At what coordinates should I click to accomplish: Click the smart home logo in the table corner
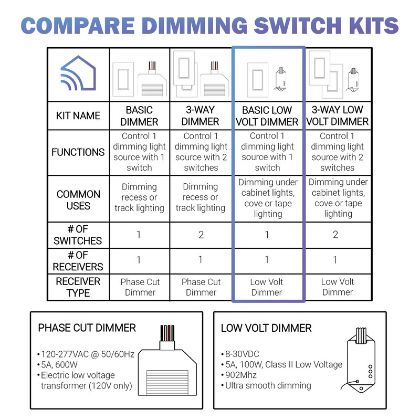(78, 75)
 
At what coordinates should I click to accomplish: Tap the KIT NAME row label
(78, 115)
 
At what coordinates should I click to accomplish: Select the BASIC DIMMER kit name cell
(139, 115)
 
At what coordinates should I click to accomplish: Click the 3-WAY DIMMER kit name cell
(201, 115)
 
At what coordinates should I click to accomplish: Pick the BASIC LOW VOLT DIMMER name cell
(268, 116)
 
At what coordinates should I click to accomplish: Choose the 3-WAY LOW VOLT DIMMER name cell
(338, 116)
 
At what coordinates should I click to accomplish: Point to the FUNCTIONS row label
(78, 152)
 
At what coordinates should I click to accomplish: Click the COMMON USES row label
(78, 200)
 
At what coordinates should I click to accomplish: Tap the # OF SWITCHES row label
(78, 235)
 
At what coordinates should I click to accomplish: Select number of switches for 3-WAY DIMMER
(201, 235)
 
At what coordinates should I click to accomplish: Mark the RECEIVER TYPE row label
(78, 287)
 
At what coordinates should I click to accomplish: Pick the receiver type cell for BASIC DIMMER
(140, 287)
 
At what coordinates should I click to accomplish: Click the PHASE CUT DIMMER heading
(87, 328)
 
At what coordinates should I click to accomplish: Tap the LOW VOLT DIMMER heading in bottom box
(266, 328)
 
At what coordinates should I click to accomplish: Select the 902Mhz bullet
(242, 375)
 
